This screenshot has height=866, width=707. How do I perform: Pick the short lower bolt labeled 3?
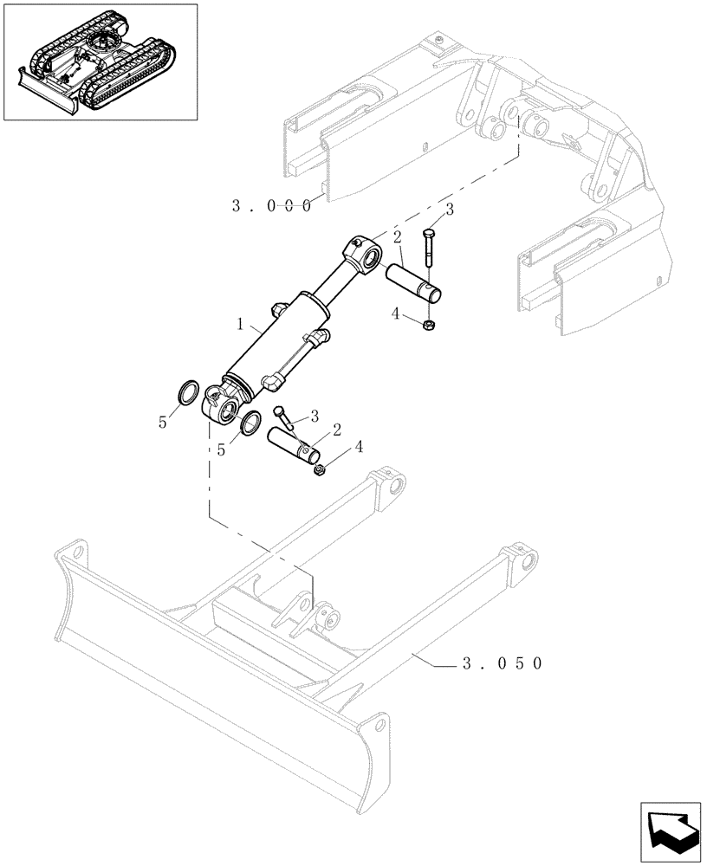coord(283,417)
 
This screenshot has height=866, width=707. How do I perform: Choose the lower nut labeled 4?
coord(318,470)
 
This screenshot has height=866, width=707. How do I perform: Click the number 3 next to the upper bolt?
coord(449,210)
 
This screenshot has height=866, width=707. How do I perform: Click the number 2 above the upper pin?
coord(395,238)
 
